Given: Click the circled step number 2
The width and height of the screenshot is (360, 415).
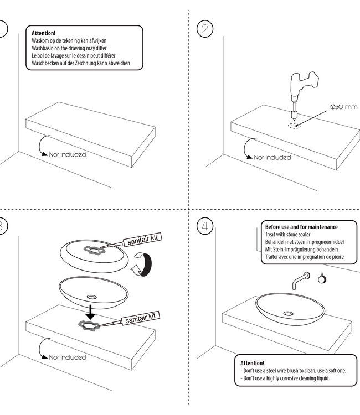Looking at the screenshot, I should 205,29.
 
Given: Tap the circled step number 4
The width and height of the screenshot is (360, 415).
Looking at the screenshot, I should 205,226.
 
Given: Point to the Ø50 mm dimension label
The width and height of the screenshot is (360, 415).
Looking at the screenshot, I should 343,107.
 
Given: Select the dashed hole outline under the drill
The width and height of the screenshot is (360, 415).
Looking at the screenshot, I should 294,126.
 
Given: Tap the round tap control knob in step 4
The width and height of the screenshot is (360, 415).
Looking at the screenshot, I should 322,279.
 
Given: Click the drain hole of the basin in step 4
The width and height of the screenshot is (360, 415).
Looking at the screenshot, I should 289,314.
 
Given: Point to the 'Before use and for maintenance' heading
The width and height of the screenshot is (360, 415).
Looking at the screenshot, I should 301,227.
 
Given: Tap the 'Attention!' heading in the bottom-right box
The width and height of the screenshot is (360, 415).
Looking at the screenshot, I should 253,362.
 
